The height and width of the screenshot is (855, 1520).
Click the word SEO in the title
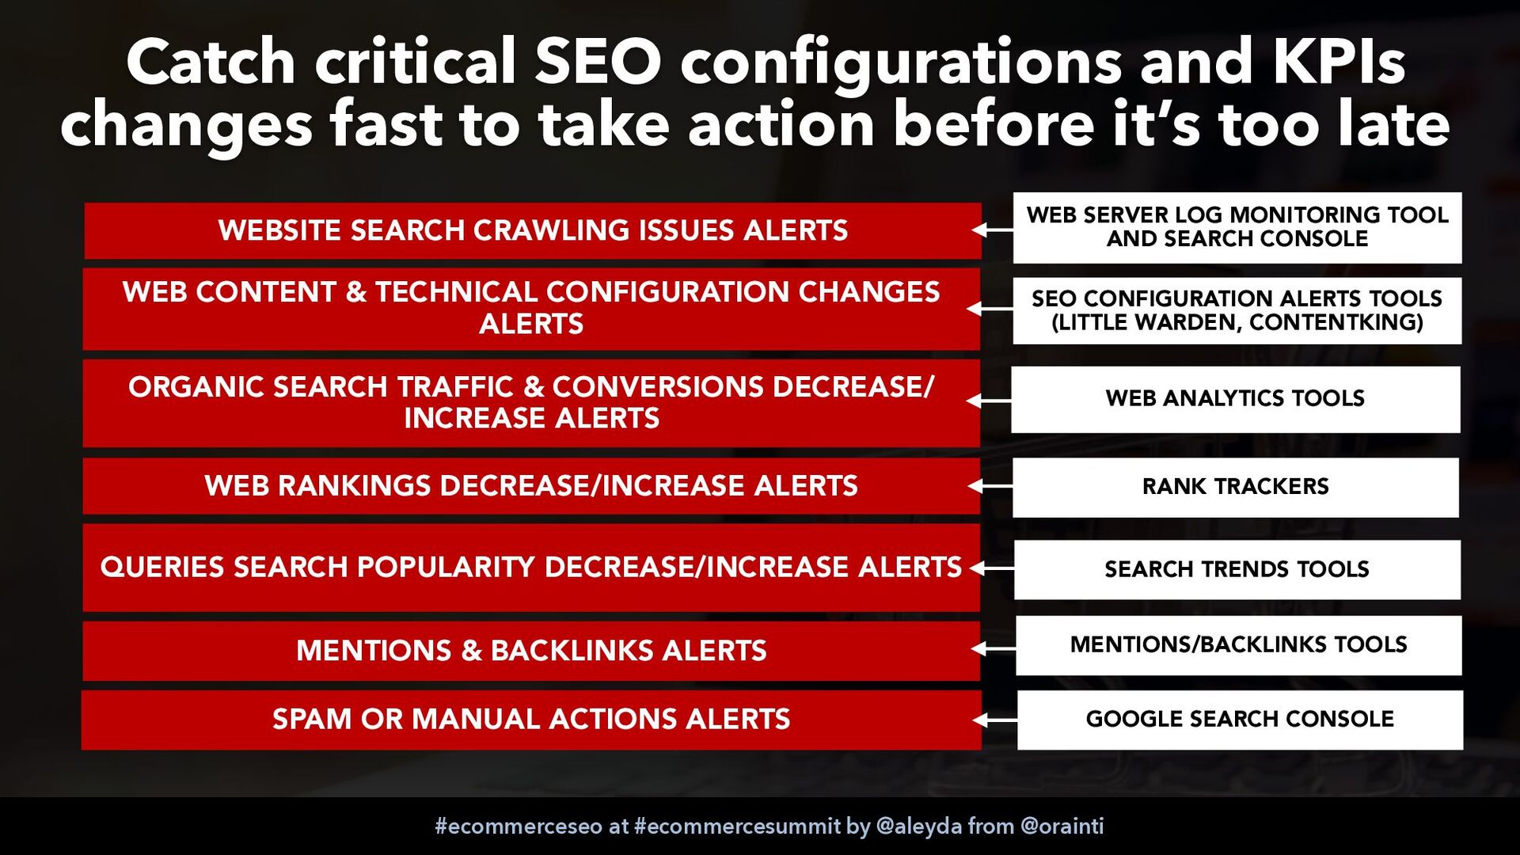(x=598, y=62)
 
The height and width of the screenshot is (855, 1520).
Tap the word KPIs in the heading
(x=1339, y=62)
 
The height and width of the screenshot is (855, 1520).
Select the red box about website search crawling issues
(x=532, y=230)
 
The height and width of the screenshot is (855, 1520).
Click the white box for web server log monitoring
(x=1237, y=227)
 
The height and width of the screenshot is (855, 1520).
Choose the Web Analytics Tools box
(x=1236, y=399)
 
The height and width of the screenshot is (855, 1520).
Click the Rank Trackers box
(x=1236, y=487)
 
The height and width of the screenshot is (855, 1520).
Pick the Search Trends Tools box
(x=1237, y=569)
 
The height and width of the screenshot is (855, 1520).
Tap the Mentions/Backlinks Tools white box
(x=1239, y=645)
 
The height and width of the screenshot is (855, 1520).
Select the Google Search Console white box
(x=1240, y=720)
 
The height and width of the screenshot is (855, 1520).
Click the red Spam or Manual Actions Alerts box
(x=531, y=720)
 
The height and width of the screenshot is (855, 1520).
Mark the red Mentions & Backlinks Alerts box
(x=531, y=651)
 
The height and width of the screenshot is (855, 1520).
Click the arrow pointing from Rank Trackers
(x=990, y=485)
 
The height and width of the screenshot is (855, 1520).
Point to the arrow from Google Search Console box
(x=995, y=720)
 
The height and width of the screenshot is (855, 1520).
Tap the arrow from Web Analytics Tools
(x=990, y=401)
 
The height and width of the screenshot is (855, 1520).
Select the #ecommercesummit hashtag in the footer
(x=737, y=826)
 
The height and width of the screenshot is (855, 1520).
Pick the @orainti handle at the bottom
(x=1062, y=826)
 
